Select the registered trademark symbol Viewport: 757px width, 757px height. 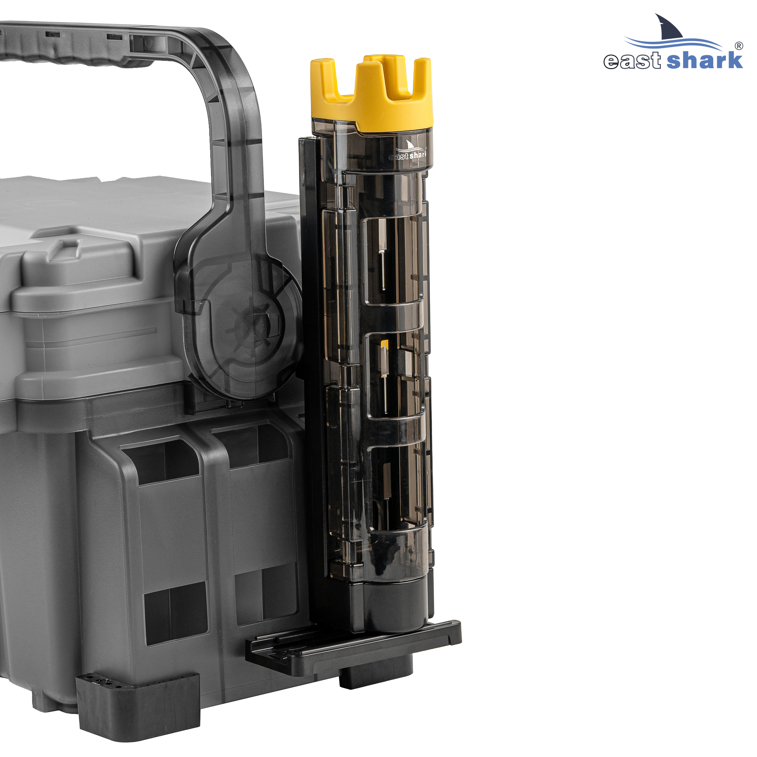pos(739,46)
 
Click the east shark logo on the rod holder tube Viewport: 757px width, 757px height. pos(408,151)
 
